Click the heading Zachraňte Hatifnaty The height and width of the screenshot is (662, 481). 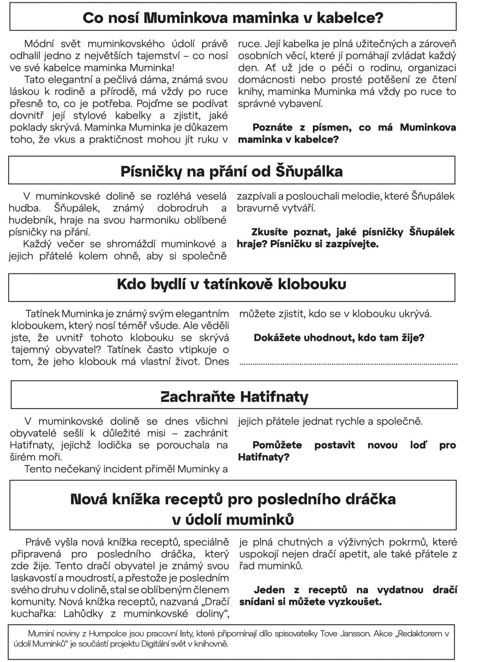(234, 396)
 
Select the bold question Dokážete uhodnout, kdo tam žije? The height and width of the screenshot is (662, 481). (339, 338)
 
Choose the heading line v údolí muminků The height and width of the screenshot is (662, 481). (233, 519)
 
